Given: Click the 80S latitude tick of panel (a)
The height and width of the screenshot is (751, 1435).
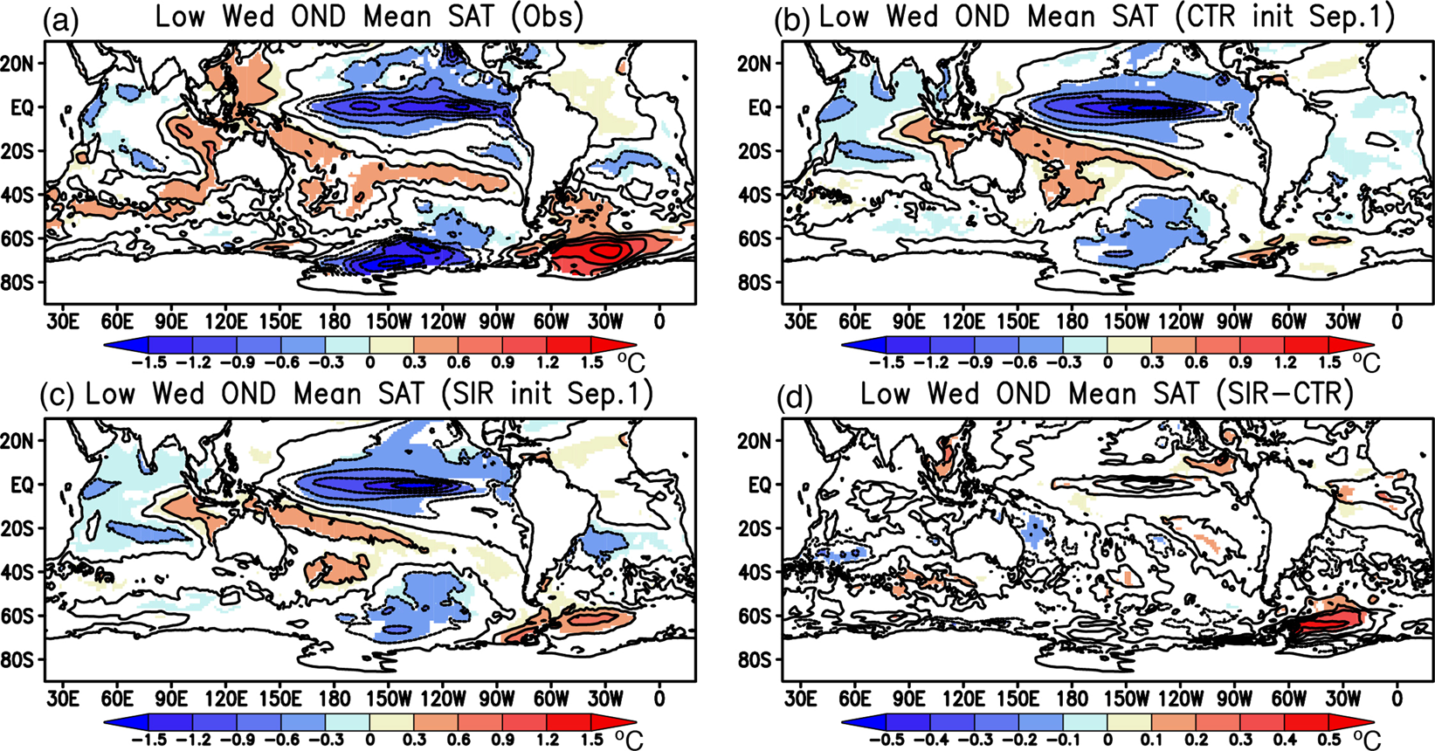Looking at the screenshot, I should [22, 283].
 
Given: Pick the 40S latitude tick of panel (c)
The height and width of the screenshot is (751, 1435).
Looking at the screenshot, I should [22, 572].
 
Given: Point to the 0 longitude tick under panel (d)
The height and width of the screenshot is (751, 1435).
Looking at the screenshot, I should [1397, 699].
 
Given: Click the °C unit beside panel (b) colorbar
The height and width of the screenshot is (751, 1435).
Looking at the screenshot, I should [1367, 360].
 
